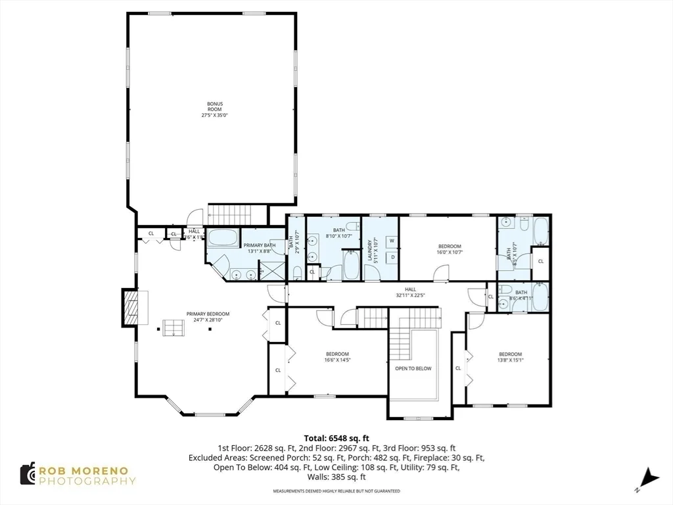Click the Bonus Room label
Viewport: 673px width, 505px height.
[x=215, y=109]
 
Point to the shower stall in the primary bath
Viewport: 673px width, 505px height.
[x=270, y=270]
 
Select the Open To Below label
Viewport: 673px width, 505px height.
[x=413, y=368]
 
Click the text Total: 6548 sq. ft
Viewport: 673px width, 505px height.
[x=336, y=438]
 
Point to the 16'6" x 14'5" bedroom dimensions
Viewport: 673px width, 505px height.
[x=336, y=360]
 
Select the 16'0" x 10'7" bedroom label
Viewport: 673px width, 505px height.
[x=449, y=249]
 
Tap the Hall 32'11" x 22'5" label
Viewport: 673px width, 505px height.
[x=411, y=293]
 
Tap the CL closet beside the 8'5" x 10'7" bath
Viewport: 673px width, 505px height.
[x=541, y=261]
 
